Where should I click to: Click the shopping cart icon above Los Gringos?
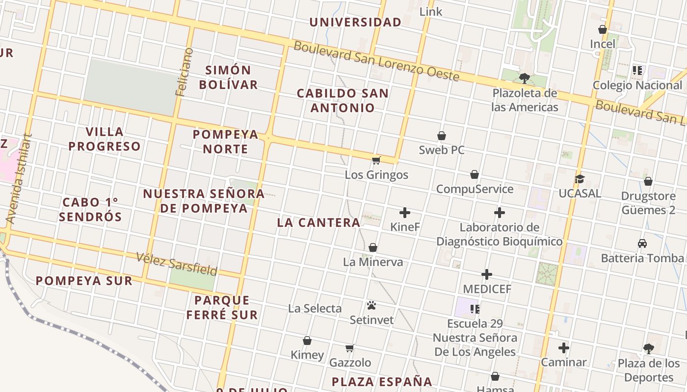coord(376,160)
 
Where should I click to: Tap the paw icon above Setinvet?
coord(371,306)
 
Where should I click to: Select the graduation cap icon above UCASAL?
coord(580,179)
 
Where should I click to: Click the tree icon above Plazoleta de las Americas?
coord(525,78)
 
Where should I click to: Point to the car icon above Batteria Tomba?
coord(642,244)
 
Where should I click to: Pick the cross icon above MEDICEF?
coord(487,274)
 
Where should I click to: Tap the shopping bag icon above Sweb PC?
coord(442,136)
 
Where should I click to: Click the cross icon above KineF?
coord(405,213)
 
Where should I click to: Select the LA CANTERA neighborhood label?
coord(318,222)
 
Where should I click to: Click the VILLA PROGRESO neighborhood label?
coord(105,139)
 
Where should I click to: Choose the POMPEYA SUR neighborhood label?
coord(84,281)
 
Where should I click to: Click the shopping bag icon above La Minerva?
coord(373,247)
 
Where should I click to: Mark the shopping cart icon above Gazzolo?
coord(350,348)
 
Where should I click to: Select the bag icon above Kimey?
coord(307,341)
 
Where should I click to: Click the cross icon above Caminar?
coord(564,348)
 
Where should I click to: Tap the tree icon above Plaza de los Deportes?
coord(649,349)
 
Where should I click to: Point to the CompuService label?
coord(475,189)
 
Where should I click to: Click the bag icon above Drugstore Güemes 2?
coord(648,182)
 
